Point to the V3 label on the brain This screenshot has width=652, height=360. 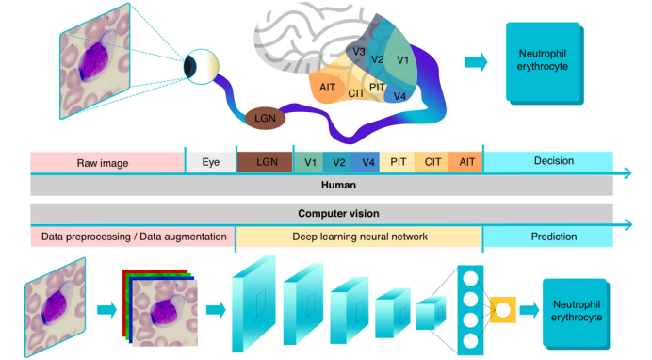[x=358, y=52]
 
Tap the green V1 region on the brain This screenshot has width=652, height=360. [x=402, y=59]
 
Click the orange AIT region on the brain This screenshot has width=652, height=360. [x=328, y=86]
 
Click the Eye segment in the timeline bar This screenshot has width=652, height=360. [x=210, y=162]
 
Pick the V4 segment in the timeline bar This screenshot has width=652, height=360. [x=368, y=162]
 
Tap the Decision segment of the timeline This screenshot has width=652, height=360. [x=553, y=161]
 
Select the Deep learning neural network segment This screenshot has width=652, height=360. [x=359, y=237]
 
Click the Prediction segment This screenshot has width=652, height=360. [x=553, y=237]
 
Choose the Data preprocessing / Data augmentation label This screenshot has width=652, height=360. [x=132, y=237]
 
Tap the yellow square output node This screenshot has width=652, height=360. [x=504, y=308]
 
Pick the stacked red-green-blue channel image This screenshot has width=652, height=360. [x=157, y=306]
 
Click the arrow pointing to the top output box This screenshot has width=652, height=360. [x=478, y=61]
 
